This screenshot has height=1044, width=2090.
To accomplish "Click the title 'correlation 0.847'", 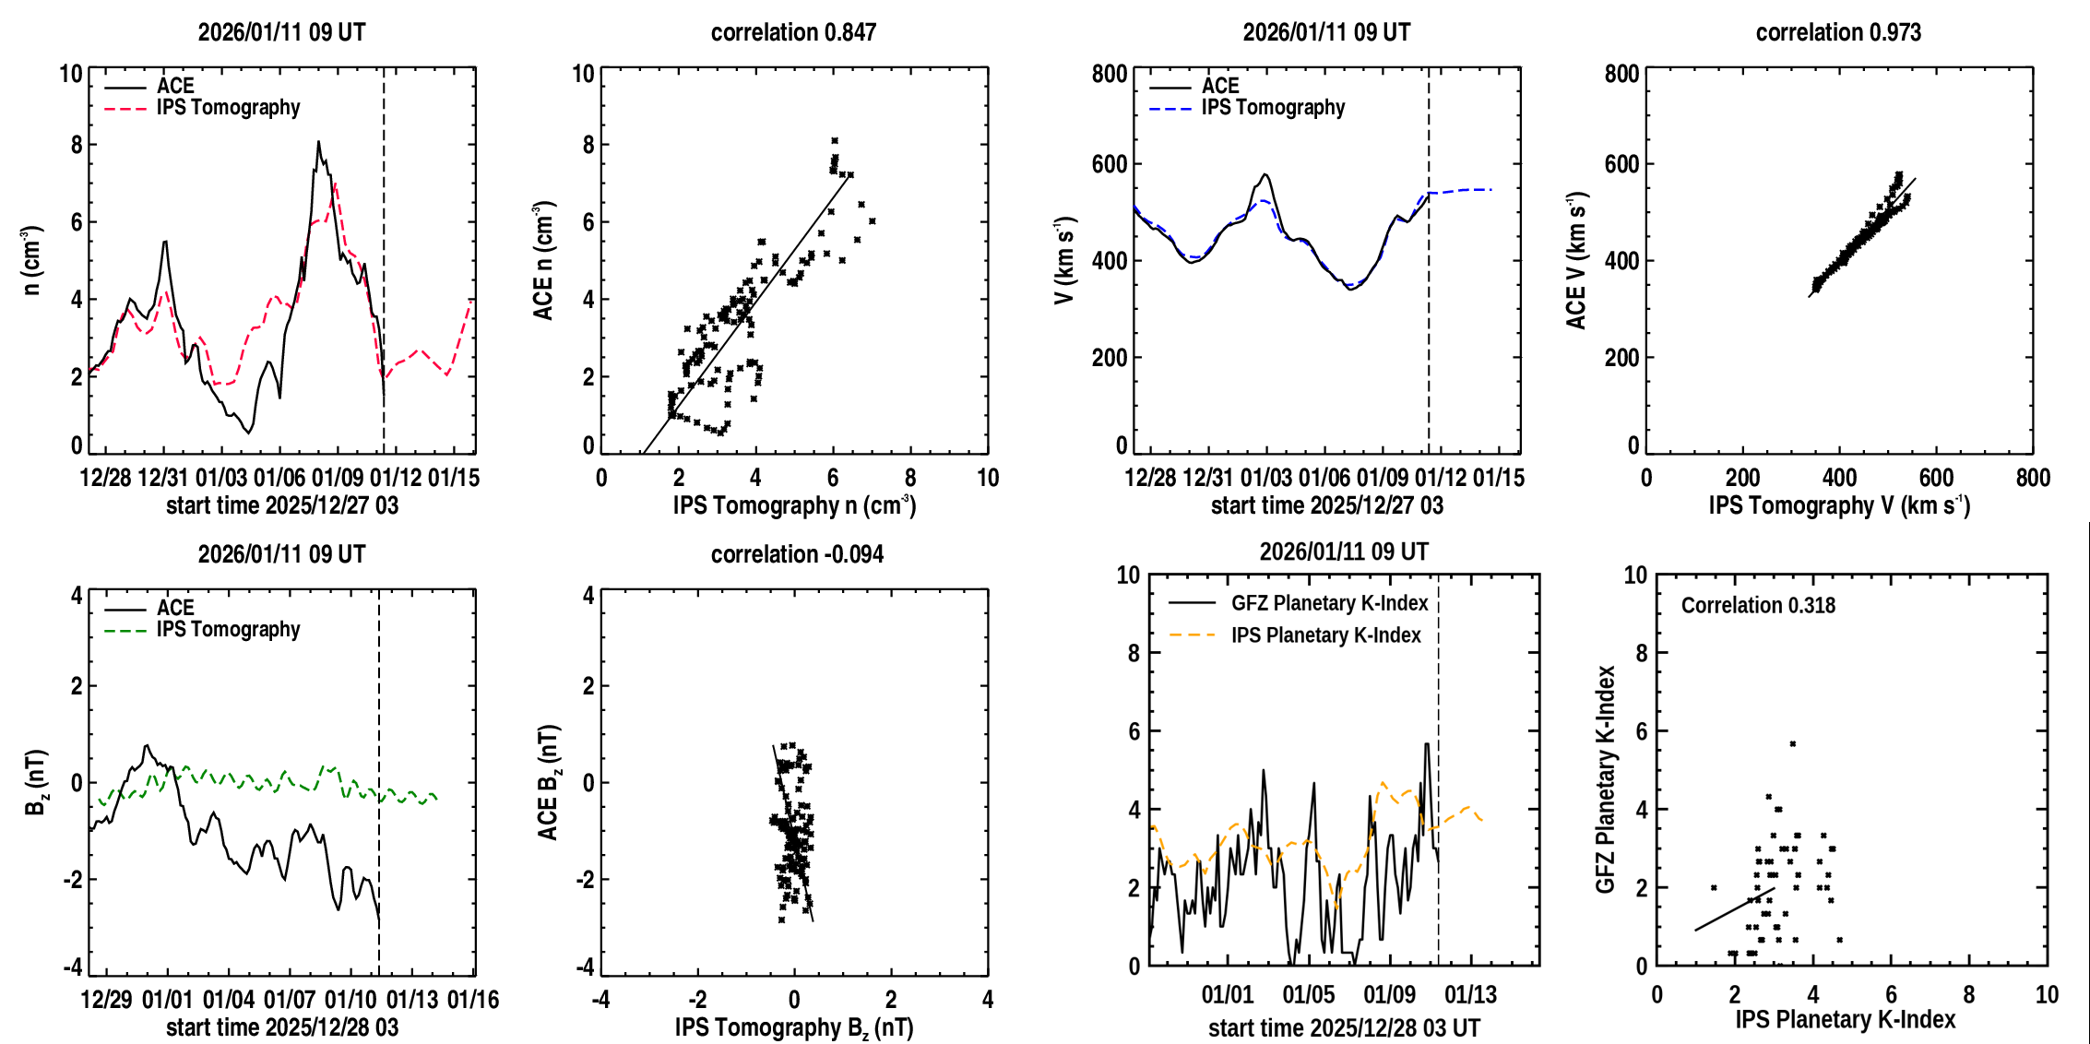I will point(793,32).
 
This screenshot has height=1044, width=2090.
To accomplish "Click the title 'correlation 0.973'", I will point(1838,32).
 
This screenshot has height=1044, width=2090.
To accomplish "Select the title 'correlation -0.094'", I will point(797,554).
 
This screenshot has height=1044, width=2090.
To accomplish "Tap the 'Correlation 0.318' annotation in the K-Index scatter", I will point(1758,605).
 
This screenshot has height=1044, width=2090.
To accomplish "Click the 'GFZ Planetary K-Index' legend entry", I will point(1329,603).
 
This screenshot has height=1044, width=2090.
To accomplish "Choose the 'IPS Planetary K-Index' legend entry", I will point(1325,635).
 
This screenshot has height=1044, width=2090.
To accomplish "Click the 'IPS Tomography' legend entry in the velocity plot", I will point(1273,108).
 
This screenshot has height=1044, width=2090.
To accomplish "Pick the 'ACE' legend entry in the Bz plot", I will point(175,608).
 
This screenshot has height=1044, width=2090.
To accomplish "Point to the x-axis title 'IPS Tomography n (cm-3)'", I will point(794,505).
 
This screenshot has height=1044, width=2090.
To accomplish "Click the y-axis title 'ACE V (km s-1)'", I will point(1577,261).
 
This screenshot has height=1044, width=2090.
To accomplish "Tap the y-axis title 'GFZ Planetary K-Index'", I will point(1606,779).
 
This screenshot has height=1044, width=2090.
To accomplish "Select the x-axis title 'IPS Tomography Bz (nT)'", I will point(794,1027).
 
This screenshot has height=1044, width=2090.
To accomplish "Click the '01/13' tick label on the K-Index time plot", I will point(1470,995).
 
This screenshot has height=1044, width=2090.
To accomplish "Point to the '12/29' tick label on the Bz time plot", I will point(106,1000).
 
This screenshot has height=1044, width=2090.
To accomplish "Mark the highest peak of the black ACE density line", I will point(318,142).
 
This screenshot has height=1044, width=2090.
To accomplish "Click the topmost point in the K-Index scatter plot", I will point(1792,743).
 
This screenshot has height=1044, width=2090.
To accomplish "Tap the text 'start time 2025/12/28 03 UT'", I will point(1344,1027).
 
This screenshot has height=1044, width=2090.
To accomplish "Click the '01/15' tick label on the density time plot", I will point(454,478).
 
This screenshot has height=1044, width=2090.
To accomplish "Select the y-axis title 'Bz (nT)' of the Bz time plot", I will point(35,782).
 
